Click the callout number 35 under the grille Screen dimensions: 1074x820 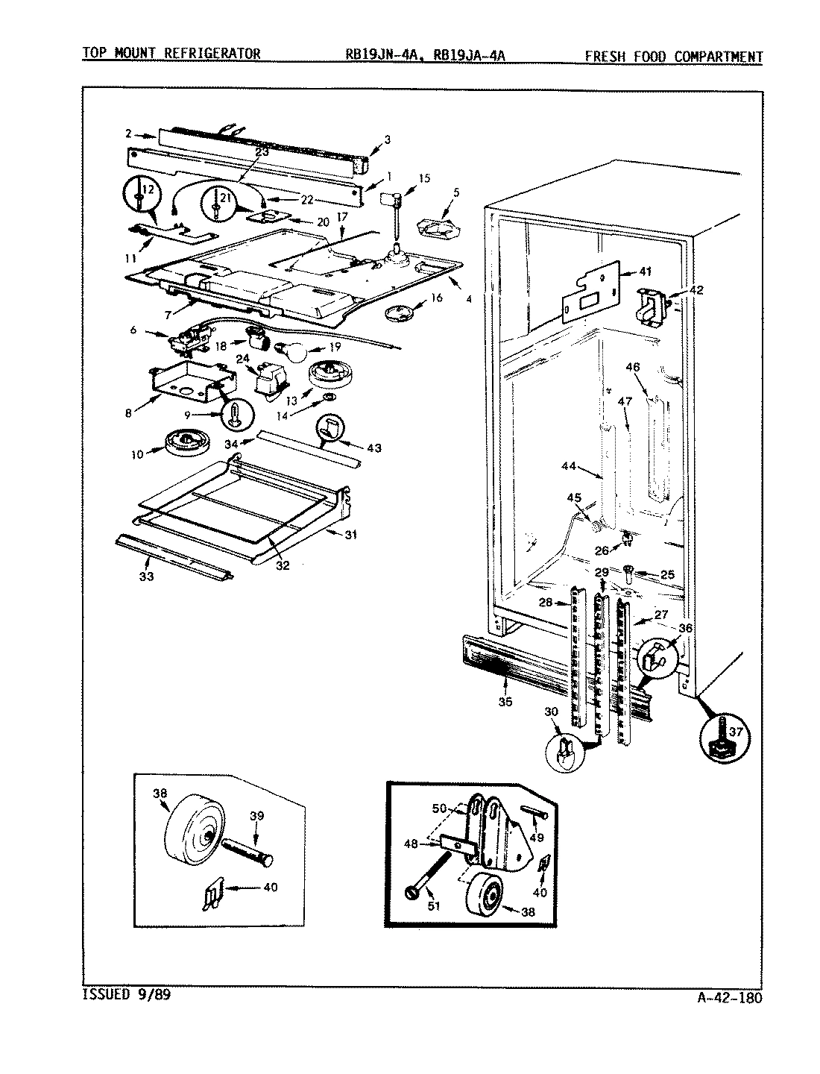click(x=505, y=701)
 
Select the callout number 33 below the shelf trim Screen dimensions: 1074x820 click(x=146, y=576)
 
